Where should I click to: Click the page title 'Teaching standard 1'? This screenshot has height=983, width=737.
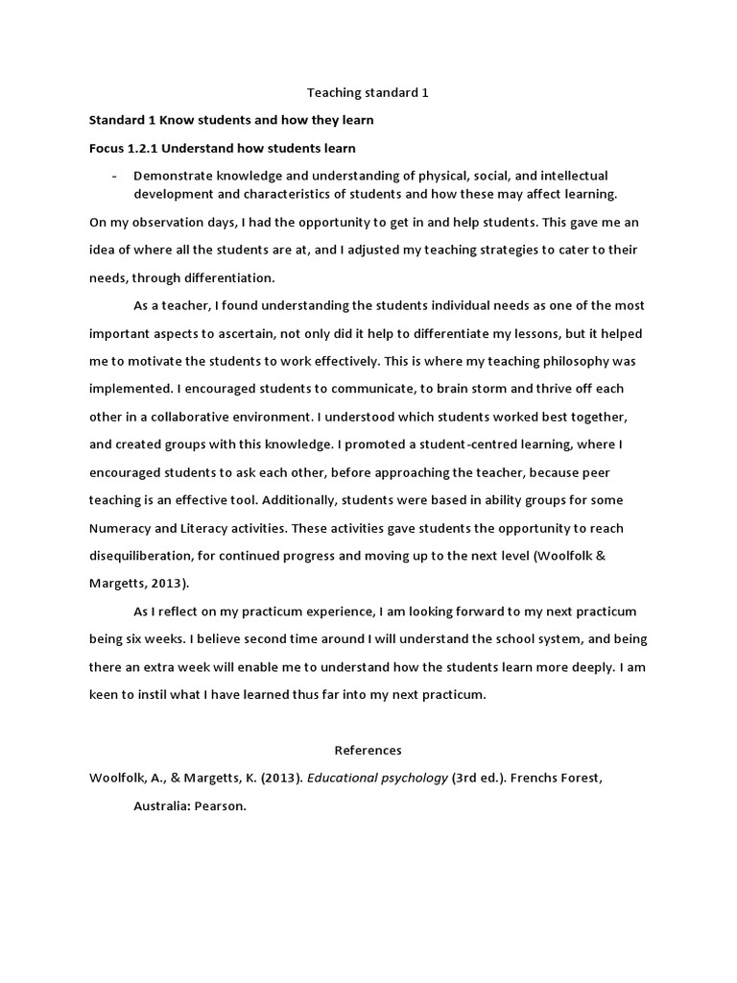[x=368, y=93]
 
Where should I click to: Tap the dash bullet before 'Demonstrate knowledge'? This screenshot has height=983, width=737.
[x=115, y=176]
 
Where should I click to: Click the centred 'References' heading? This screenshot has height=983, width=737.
[x=368, y=750]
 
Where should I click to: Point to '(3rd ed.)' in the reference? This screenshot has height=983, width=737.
[x=479, y=779]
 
